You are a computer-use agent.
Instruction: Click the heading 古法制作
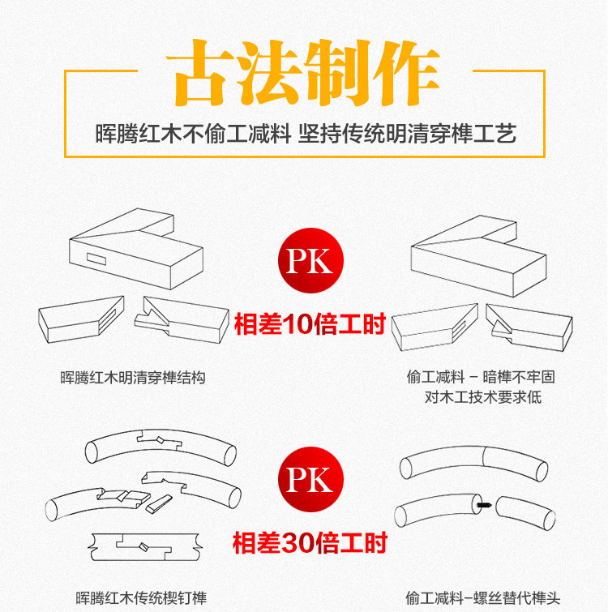[x=305, y=76]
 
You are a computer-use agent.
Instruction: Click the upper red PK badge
[x=310, y=261]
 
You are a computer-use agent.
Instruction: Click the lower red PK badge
[x=310, y=478]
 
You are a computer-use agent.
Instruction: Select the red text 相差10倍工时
[x=309, y=325]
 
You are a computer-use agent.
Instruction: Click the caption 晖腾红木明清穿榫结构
[x=133, y=378]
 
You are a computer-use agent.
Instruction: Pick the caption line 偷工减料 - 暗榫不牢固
[x=481, y=377]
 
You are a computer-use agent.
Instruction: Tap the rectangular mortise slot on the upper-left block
[x=96, y=260]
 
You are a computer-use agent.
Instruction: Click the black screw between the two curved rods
[x=484, y=506]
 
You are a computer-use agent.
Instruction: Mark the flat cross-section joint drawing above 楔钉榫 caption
[x=143, y=549]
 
